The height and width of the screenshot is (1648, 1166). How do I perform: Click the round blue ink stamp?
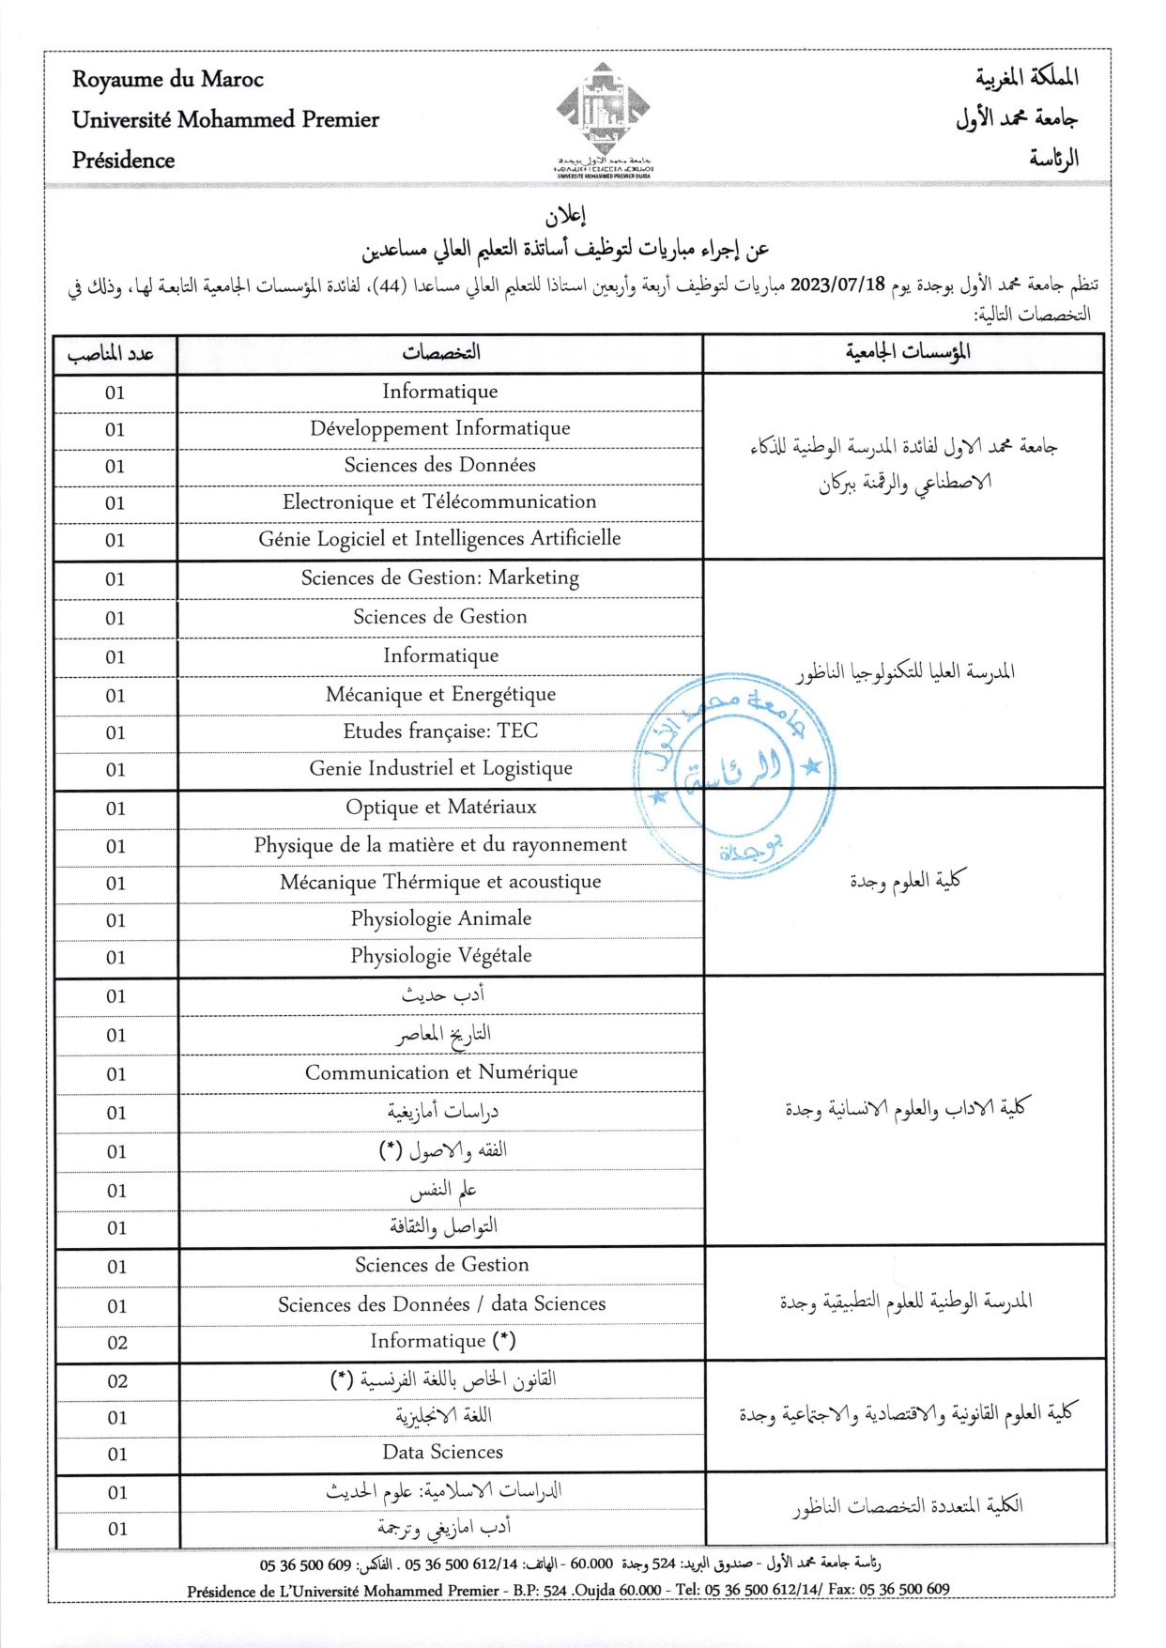coord(735,776)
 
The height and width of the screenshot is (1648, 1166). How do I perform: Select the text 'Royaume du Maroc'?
coord(168,80)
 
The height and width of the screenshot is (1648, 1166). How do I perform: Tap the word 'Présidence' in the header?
coord(123,161)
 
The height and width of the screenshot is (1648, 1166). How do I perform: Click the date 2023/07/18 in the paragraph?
coord(837,285)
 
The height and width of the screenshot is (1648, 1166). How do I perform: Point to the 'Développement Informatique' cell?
coord(440,429)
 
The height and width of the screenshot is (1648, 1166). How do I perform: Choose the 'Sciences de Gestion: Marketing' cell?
coord(440,578)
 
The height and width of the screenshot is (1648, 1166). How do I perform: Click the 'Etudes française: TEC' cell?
coord(440,732)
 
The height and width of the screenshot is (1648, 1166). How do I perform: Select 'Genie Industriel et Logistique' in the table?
coord(440,769)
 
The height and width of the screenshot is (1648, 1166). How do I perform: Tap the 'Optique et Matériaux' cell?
coord(440,808)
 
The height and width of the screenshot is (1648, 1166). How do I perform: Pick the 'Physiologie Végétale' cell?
coord(440,956)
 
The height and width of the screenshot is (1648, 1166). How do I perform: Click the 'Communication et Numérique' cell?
coord(440,1073)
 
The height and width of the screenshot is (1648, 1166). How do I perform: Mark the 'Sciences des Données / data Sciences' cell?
coord(441,1304)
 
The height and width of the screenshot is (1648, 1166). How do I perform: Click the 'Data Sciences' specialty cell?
coord(442,1453)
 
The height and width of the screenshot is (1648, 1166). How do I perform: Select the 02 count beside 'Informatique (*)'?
coord(116,1343)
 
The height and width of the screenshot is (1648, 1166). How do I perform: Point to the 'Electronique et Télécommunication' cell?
coord(440,502)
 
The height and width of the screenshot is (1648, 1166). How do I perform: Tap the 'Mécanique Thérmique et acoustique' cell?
coord(440,883)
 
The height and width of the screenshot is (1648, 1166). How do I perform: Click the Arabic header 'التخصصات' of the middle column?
coord(440,353)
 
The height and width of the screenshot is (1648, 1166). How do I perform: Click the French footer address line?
coord(568,1590)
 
